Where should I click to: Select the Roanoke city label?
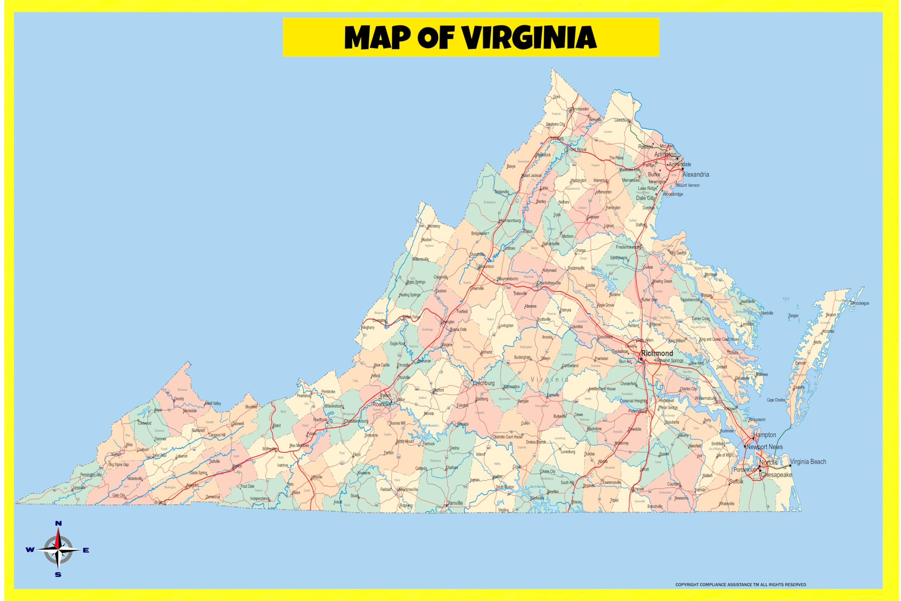pos(382,405)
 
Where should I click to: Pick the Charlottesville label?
pos(549,283)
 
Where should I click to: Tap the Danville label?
pos(455,503)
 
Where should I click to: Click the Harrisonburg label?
pos(510,221)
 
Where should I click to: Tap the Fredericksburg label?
pos(628,247)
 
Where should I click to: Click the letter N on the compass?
pos(58,524)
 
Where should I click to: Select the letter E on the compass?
pos(86,550)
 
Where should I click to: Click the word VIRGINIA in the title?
pos(529,38)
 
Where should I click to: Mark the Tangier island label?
pos(793,316)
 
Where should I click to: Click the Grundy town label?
pos(179,399)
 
